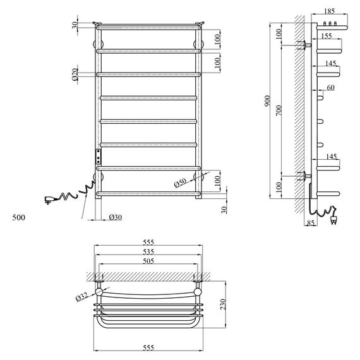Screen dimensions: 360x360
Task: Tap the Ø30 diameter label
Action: pos(115,218)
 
